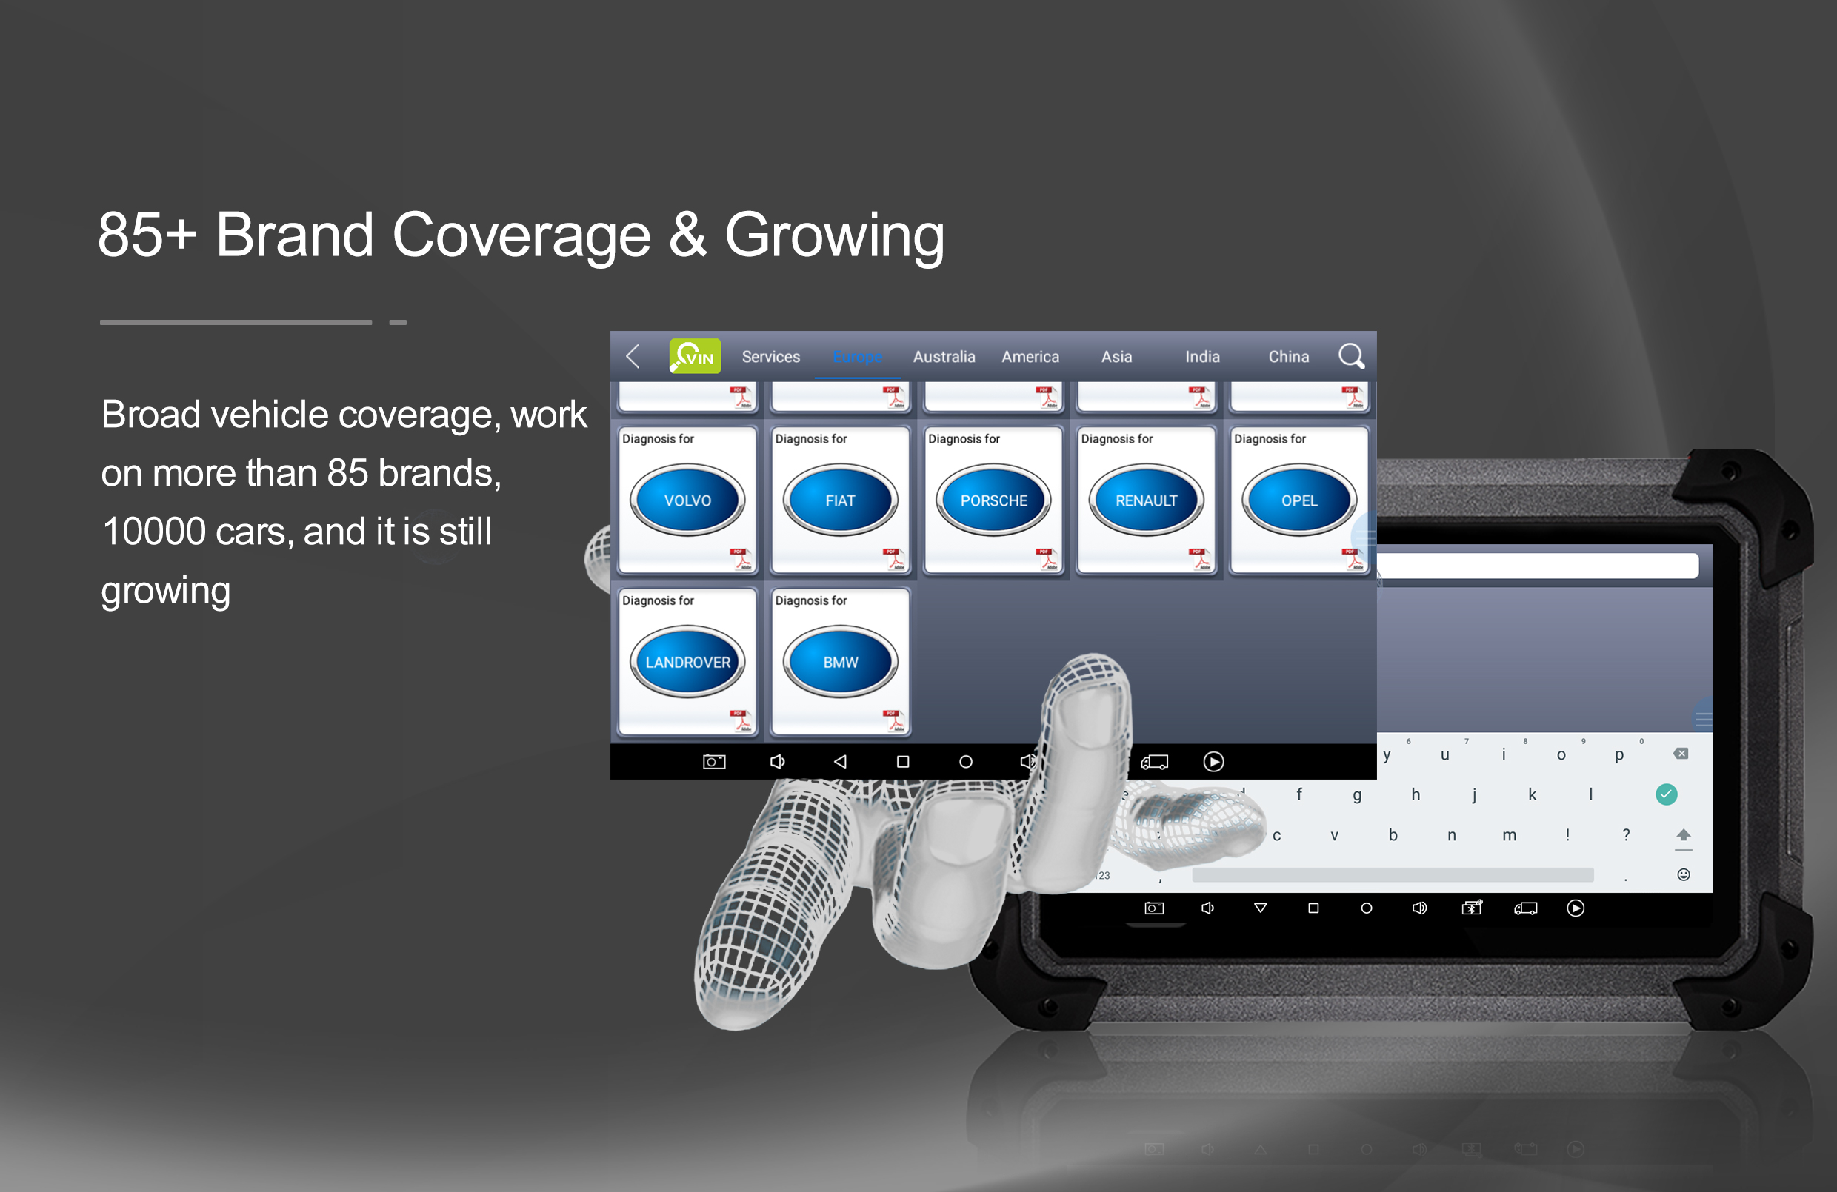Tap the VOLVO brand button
click(687, 500)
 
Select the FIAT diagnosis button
click(840, 500)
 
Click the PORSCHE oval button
click(993, 500)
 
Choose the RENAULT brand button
click(1146, 500)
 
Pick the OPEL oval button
click(1299, 500)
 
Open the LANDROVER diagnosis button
click(687, 662)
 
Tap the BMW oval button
click(840, 662)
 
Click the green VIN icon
click(695, 355)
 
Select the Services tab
click(770, 356)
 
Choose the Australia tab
click(944, 356)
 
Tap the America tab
click(1030, 356)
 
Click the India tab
click(1202, 356)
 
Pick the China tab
click(1288, 356)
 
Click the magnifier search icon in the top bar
click(1351, 355)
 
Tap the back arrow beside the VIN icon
click(632, 355)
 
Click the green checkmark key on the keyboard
click(1667, 794)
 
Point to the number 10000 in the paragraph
click(153, 532)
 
